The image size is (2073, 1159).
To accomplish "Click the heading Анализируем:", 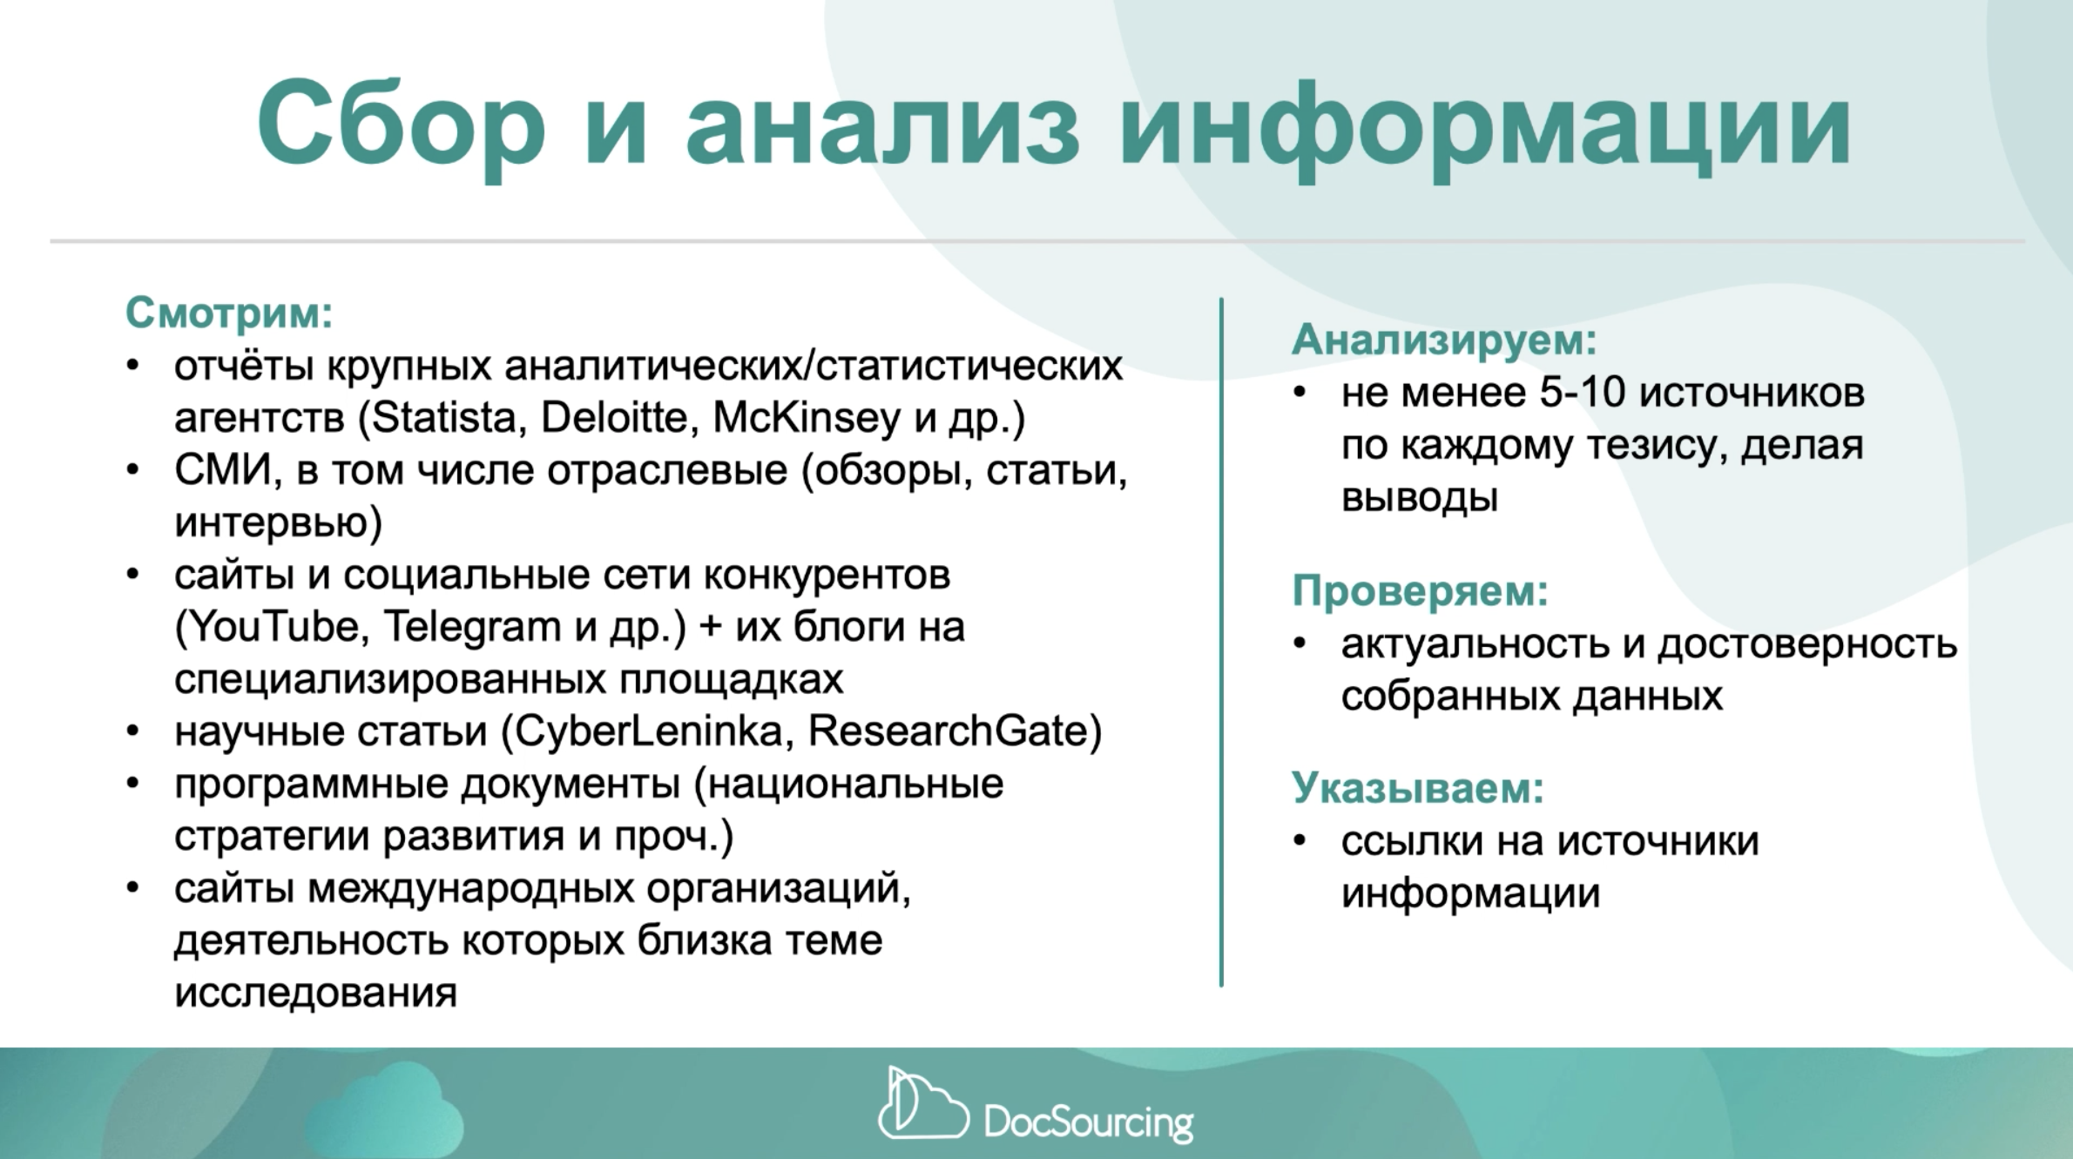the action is (1444, 340).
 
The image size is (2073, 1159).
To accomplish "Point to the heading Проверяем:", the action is (1421, 592).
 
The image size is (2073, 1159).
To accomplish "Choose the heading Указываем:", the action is (1418, 788).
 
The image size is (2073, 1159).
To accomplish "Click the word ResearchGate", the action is (949, 731).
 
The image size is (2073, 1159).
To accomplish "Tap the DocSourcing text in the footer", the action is (1089, 1122).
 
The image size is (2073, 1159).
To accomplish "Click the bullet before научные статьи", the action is (132, 731).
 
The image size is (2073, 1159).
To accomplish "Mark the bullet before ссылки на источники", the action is (1300, 841).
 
